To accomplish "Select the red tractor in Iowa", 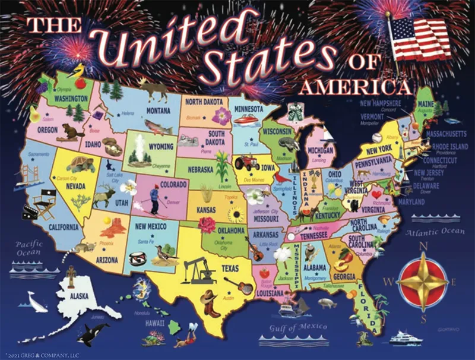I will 246,162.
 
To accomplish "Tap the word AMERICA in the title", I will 355,88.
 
